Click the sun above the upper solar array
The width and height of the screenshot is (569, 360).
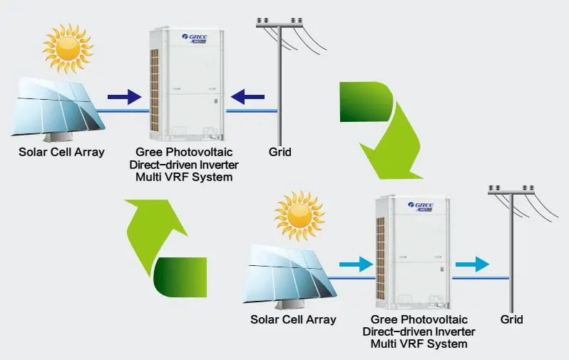(x=68, y=48)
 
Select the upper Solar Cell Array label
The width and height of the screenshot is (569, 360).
(x=62, y=152)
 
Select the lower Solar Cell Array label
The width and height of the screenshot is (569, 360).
(x=293, y=319)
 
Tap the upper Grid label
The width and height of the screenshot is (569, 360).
(x=280, y=152)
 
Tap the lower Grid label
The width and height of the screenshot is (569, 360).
(x=511, y=319)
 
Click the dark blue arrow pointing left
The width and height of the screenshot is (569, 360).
(x=249, y=95)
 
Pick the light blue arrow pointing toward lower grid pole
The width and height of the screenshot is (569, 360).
(x=473, y=264)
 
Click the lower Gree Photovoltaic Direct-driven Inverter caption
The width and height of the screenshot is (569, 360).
(x=419, y=331)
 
